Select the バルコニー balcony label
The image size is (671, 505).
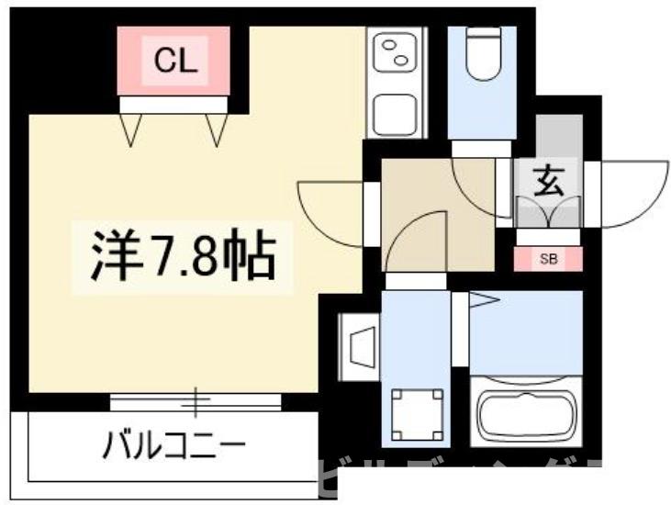click(x=173, y=449)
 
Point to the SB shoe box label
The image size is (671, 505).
click(x=547, y=259)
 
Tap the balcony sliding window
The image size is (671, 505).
click(x=195, y=401)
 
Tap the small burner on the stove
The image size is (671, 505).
click(x=389, y=43)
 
